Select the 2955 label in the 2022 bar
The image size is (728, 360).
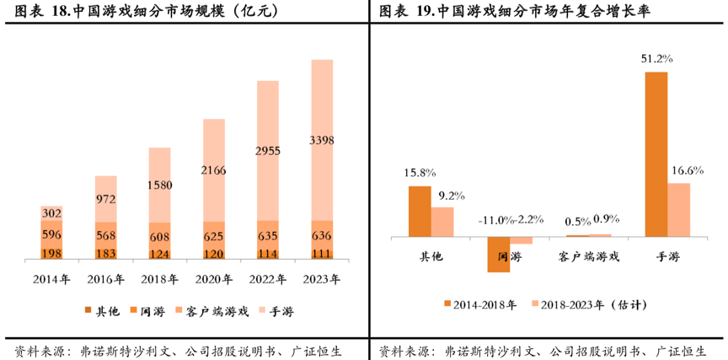point(267,151)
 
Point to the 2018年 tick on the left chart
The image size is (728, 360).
point(160,279)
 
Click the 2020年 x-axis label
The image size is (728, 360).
point(214,279)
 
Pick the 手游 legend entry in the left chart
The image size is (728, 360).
point(276,312)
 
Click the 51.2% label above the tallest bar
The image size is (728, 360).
point(656,59)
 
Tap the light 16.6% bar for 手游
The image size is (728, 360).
point(678,209)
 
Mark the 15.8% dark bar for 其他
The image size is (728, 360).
point(420,211)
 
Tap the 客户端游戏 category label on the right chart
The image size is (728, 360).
point(590,256)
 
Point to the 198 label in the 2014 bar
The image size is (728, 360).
point(51,253)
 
